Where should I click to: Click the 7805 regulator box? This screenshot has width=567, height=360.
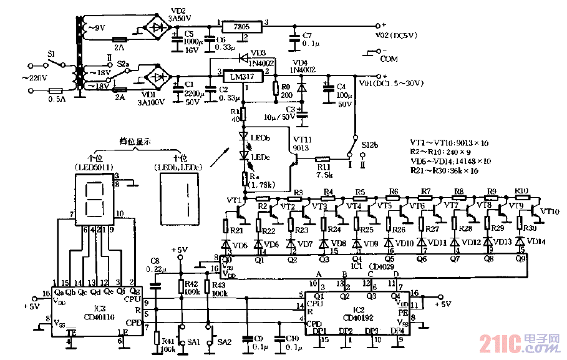[x=243, y=27]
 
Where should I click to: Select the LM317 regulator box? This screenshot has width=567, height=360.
[x=243, y=78]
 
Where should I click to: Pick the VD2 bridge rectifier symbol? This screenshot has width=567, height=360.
[x=158, y=27]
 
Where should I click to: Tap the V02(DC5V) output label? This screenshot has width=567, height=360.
[x=397, y=36]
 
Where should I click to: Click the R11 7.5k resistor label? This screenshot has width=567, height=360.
[x=322, y=171]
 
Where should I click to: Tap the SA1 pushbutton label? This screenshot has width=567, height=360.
[x=194, y=342]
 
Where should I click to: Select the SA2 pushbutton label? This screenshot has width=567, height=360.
[x=224, y=342]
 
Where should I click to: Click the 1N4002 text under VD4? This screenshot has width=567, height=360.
[x=304, y=71]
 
